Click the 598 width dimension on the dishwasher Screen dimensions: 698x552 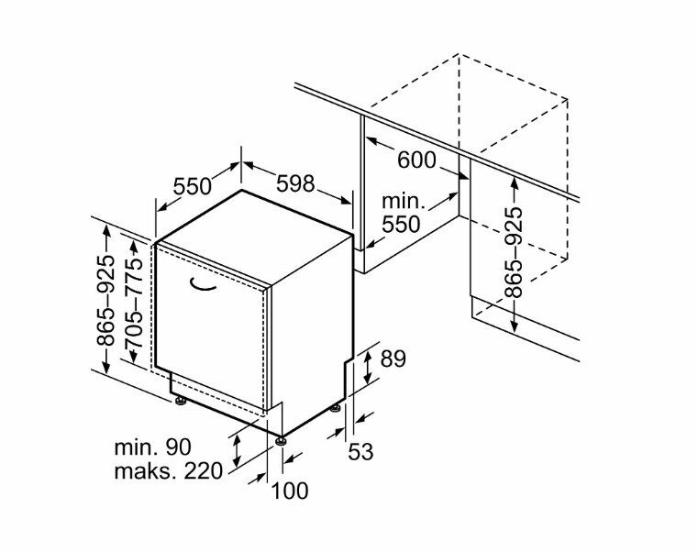(295, 183)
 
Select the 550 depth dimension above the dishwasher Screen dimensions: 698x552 (193, 186)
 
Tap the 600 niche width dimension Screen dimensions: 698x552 (416, 160)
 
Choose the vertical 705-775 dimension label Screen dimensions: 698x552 (137, 301)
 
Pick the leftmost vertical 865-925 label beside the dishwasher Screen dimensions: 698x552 (107, 301)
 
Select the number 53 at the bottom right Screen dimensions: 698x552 (360, 451)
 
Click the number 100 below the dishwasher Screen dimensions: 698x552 (290, 491)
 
